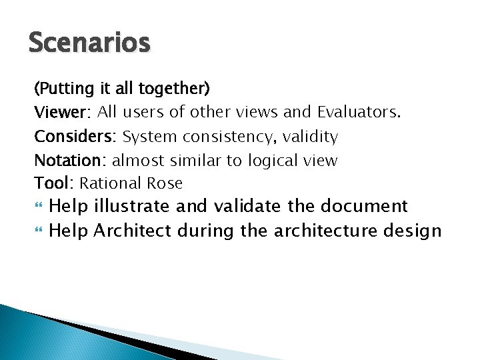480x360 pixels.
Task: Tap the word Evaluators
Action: [x=359, y=112]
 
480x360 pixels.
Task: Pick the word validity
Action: [x=311, y=137]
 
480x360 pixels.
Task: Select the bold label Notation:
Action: [x=71, y=161]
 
